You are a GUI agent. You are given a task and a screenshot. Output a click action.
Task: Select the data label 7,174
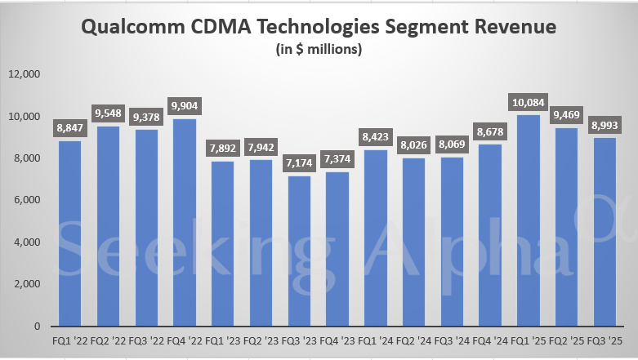(300, 162)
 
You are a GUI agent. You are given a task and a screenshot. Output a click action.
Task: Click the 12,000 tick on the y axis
(25, 74)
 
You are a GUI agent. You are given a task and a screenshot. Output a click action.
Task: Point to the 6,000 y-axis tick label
(27, 200)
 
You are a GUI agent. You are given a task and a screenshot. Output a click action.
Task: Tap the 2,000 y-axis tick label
(27, 284)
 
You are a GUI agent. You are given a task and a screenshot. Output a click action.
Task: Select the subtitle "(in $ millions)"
(318, 49)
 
